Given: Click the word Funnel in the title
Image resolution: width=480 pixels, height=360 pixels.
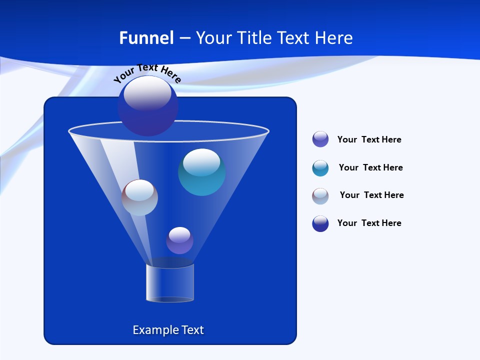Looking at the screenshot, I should pyautogui.click(x=146, y=38).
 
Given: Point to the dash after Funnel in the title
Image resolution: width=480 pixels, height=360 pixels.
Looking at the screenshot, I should pyautogui.click(x=184, y=38).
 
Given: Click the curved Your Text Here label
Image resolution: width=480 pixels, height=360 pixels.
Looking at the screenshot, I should pyautogui.click(x=147, y=73).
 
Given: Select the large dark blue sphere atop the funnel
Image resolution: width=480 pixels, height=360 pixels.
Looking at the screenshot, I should pyautogui.click(x=148, y=106).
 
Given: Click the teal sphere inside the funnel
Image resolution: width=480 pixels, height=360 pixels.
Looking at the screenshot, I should pyautogui.click(x=201, y=172).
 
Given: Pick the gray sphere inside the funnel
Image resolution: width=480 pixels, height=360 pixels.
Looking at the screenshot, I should pyautogui.click(x=139, y=197).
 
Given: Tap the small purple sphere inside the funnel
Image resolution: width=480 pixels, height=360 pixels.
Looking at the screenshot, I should pyautogui.click(x=179, y=240).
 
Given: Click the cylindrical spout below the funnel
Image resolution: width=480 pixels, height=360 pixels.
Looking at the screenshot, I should pyautogui.click(x=170, y=283).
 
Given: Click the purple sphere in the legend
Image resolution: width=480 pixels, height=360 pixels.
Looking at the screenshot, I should pyautogui.click(x=320, y=139).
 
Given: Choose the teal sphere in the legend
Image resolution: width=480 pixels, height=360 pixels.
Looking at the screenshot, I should pyautogui.click(x=320, y=168).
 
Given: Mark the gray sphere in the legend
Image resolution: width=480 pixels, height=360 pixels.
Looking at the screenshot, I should pyautogui.click(x=320, y=196).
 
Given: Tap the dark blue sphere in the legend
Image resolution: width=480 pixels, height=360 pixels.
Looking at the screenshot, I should pyautogui.click(x=320, y=223).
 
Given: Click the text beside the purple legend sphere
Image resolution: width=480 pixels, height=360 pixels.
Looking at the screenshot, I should pyautogui.click(x=369, y=139).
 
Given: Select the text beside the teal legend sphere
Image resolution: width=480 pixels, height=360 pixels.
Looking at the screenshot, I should pyautogui.click(x=370, y=167).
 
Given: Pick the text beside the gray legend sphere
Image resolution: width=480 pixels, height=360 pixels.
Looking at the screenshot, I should pyautogui.click(x=371, y=195).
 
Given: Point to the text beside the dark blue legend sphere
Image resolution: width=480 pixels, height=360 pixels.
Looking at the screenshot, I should pyautogui.click(x=369, y=223).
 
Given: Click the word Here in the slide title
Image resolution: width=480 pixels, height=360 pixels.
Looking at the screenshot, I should pyautogui.click(x=334, y=38).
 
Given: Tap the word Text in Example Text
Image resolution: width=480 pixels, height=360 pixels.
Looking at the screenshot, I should pyautogui.click(x=191, y=330).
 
